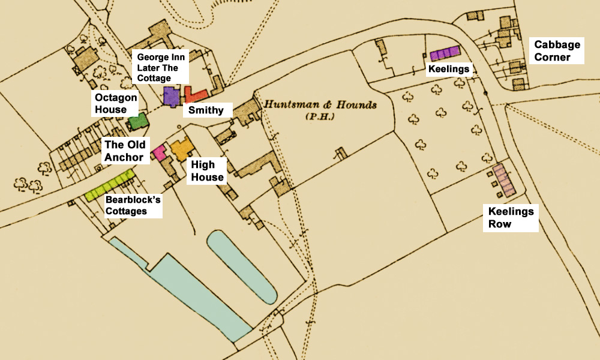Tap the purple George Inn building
coord(172,96)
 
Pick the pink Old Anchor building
coord(159,152)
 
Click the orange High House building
coord(180,148)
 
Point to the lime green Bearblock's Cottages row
coord(110,185)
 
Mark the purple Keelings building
coord(445,53)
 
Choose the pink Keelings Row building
coord(505,179)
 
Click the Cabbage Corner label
coord(557,51)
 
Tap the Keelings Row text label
coord(511,218)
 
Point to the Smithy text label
coord(206,110)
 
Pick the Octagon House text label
coord(115,103)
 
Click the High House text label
coord(208,170)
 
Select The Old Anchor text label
coord(124,151)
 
